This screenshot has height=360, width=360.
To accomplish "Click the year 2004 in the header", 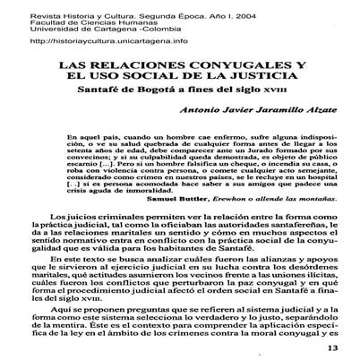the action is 213,8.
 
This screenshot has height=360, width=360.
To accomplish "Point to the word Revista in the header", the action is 20,8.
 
